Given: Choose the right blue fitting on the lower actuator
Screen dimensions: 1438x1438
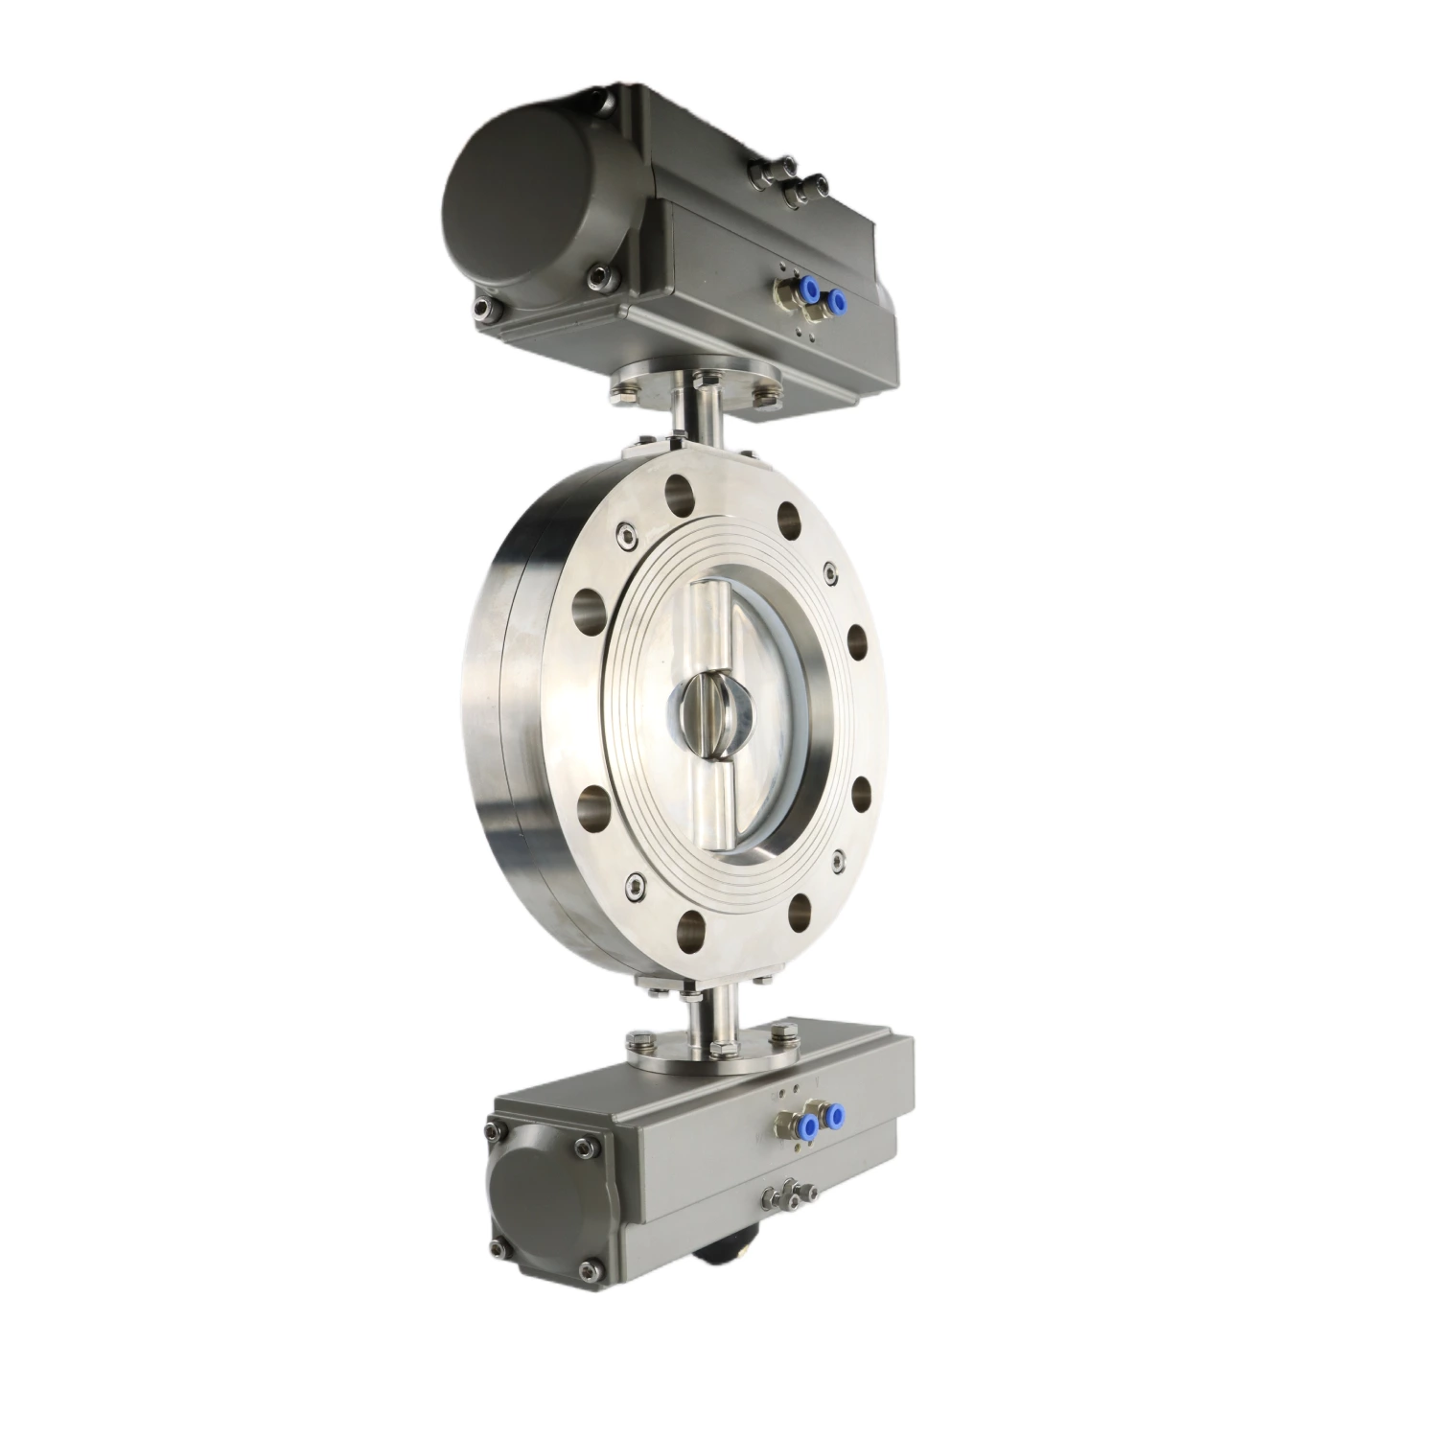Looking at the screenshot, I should click(x=832, y=1114).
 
